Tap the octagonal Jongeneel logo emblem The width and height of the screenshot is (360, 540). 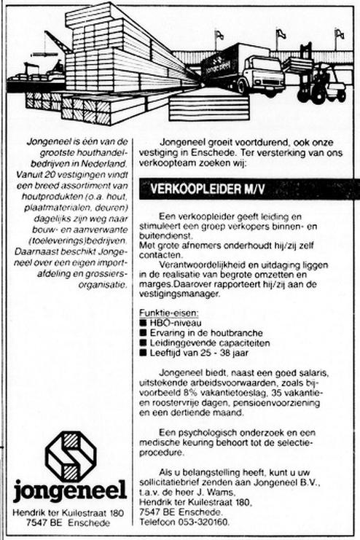pos(70,458)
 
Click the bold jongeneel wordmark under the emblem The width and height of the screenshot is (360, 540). pos(70,490)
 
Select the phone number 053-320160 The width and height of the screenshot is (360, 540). pos(205,522)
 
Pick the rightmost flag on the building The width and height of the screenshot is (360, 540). pos(339,34)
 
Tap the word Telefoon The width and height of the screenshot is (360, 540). pos(159,522)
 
